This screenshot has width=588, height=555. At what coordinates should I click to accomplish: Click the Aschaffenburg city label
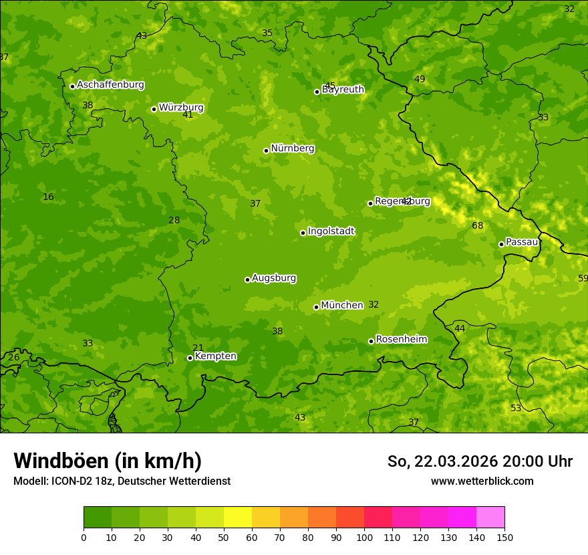[x=110, y=85]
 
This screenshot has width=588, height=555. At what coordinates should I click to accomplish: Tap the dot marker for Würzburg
[x=154, y=109]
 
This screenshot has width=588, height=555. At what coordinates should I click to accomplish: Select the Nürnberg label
[x=292, y=148]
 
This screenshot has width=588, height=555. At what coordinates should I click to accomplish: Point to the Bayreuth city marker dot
[x=317, y=92]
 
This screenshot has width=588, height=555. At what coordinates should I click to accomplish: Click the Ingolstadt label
[x=331, y=231]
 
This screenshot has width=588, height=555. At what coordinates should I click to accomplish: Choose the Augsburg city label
[x=274, y=278]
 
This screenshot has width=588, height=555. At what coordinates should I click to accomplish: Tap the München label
[x=341, y=306]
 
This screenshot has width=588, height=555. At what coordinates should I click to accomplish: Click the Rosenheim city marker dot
[x=371, y=341]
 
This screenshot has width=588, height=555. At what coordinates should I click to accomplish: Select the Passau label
[x=522, y=242]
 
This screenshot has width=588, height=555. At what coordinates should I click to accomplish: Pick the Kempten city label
[x=215, y=356]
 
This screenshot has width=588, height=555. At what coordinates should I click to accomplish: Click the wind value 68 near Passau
[x=477, y=226]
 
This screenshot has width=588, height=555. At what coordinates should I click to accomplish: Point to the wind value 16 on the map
[x=48, y=197]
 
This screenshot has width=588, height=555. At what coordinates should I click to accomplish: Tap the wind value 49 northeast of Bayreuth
[x=420, y=80]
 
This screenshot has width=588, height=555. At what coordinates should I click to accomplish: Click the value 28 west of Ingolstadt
[x=174, y=221]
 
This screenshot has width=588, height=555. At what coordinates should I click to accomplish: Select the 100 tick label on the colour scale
[x=364, y=538]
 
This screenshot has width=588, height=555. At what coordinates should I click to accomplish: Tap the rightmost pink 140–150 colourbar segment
[x=490, y=518]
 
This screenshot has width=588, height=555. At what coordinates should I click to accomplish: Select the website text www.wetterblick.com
[x=482, y=481]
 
